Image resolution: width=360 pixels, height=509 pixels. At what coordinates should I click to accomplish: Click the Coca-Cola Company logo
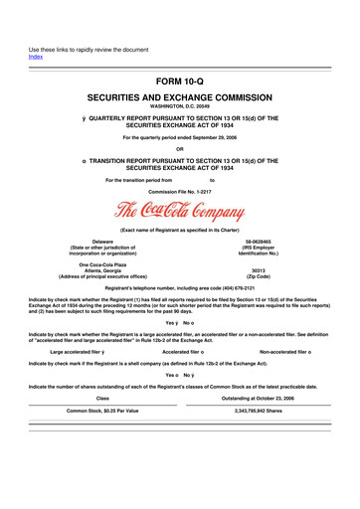(x=180, y=212)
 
